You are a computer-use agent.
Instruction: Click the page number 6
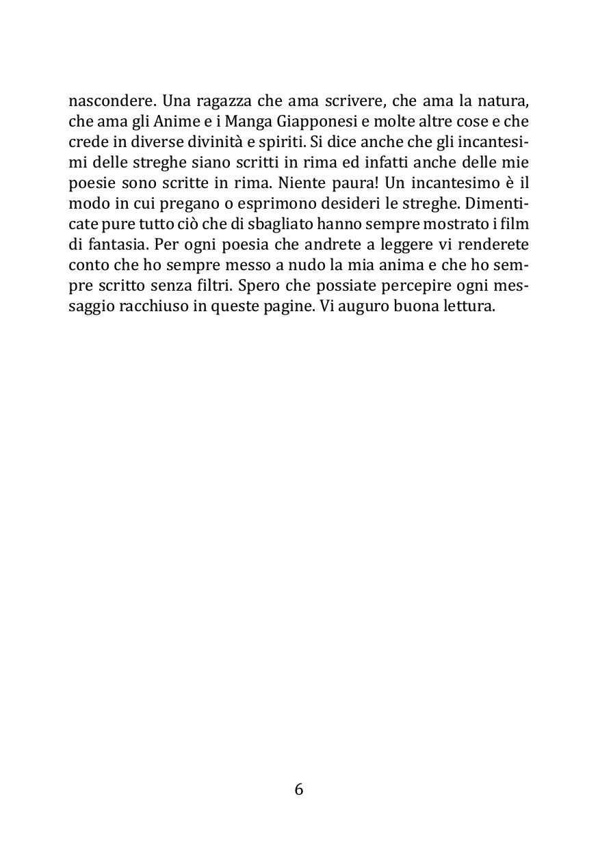(299, 789)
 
